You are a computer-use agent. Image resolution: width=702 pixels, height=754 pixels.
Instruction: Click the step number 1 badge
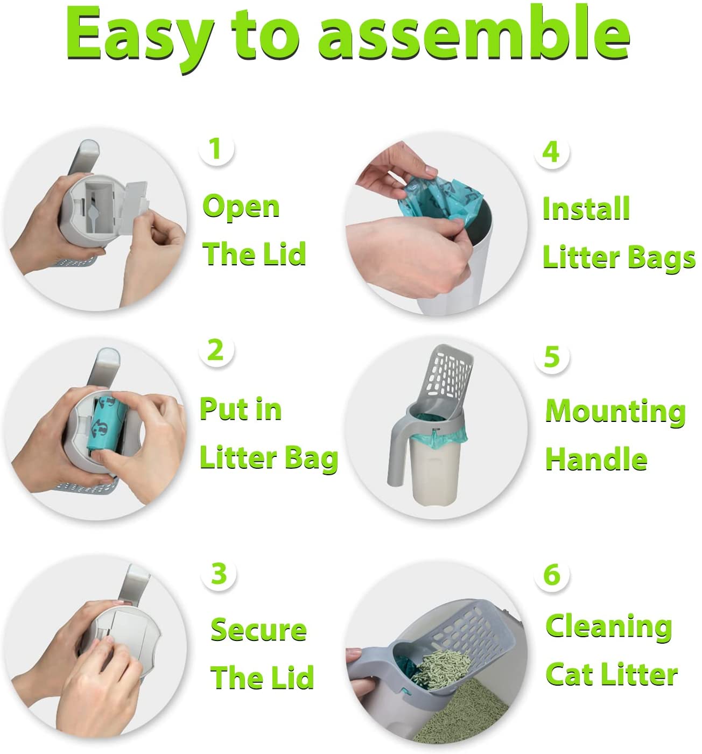(x=216, y=149)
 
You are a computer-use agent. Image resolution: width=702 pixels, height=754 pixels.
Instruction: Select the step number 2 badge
(x=216, y=350)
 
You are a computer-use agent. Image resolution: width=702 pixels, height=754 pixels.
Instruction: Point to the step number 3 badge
(x=219, y=574)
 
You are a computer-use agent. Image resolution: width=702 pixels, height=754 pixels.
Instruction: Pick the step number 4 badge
(x=551, y=152)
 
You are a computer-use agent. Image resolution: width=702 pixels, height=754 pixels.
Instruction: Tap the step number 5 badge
(x=552, y=356)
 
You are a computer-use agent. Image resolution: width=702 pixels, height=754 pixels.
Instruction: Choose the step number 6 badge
(x=552, y=575)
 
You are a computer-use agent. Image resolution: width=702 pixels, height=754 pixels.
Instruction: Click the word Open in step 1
(x=241, y=208)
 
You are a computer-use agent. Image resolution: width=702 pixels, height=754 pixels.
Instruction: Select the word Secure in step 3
(x=258, y=630)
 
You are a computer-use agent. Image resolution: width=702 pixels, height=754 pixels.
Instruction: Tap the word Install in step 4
(x=586, y=209)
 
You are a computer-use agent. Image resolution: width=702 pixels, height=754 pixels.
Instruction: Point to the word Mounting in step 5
(x=615, y=412)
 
